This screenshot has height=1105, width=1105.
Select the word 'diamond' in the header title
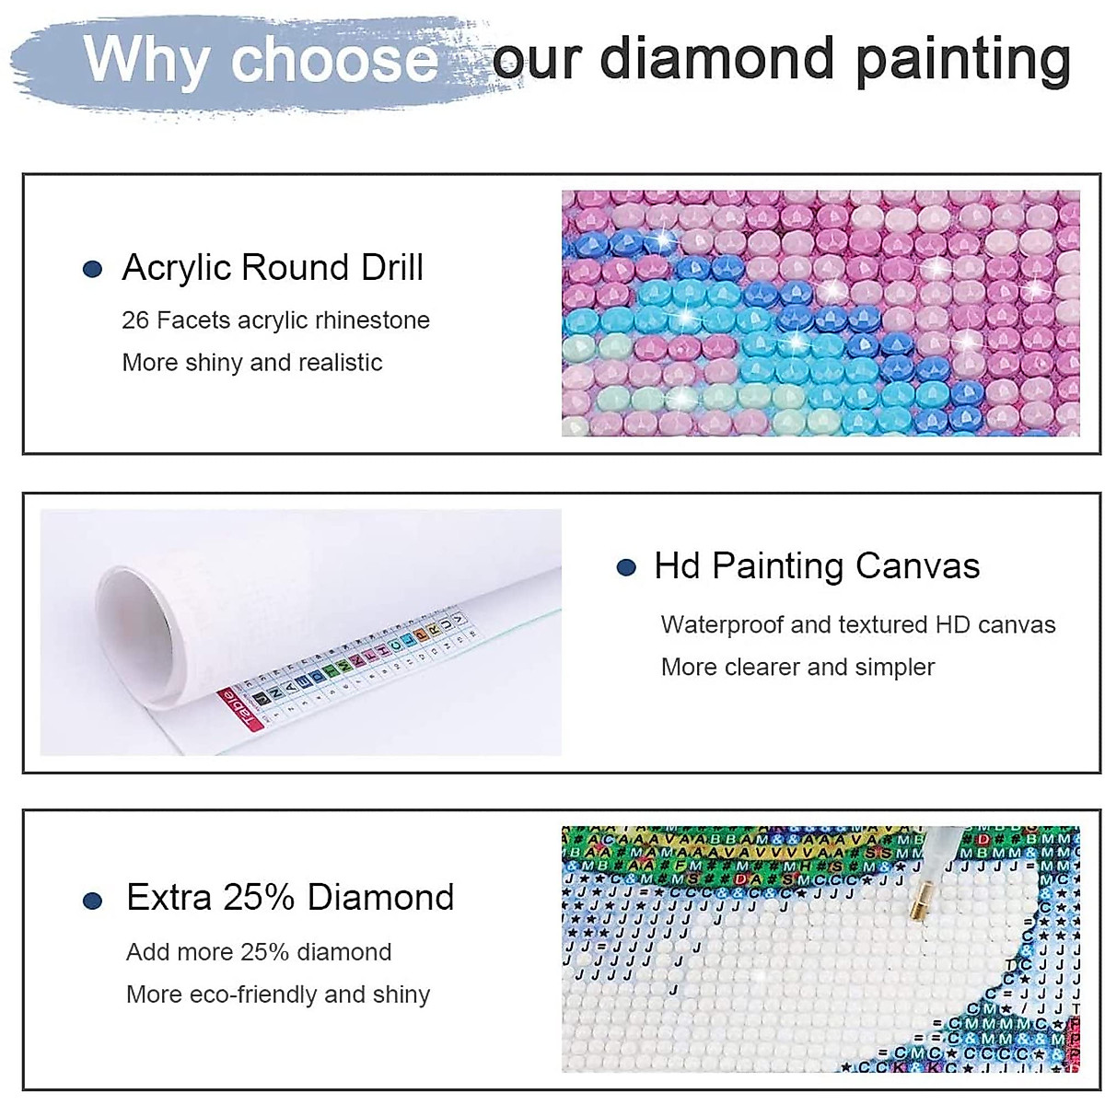[x=718, y=59]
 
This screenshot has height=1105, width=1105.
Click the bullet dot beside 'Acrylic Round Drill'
[x=92, y=270]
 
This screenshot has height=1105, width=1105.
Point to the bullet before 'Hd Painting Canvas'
[x=626, y=568]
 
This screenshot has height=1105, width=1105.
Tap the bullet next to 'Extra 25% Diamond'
[x=92, y=900]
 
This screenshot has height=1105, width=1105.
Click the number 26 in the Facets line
[x=135, y=320]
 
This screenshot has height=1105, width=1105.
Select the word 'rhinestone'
[x=372, y=320]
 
